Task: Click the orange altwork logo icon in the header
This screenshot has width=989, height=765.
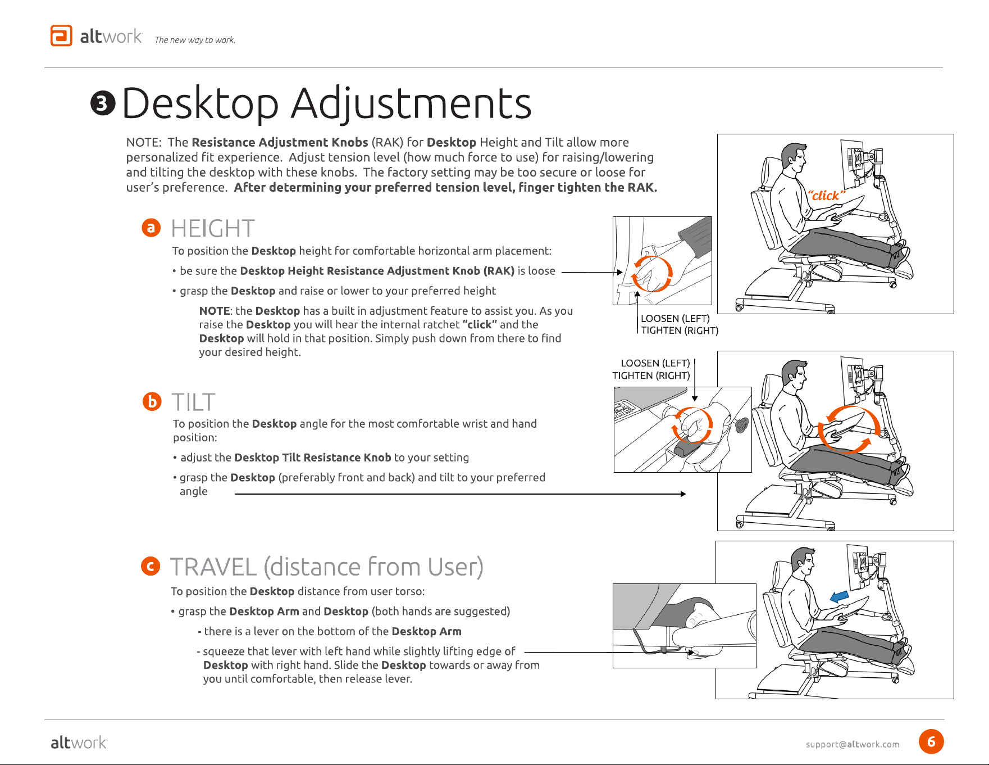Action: [61, 35]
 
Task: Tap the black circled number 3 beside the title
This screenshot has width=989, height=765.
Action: [103, 104]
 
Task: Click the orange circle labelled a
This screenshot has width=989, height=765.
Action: [151, 228]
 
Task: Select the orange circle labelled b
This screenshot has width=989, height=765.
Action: [152, 401]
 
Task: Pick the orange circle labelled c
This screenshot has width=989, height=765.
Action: [151, 566]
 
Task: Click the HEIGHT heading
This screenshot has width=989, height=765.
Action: [213, 229]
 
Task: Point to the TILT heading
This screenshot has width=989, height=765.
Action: [194, 402]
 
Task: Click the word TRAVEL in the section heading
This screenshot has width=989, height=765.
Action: [213, 567]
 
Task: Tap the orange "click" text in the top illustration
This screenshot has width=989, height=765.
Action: [826, 195]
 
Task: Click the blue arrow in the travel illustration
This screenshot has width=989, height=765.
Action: [840, 596]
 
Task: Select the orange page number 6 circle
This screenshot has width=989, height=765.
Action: [931, 741]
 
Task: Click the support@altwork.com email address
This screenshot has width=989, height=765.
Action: [853, 744]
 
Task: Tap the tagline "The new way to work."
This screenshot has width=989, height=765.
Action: [195, 40]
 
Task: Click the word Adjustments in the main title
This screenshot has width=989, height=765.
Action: [411, 104]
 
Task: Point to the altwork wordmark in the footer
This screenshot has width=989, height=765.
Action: [79, 743]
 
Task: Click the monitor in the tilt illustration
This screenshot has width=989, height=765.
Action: [853, 377]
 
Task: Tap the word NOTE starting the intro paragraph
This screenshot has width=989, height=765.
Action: [143, 143]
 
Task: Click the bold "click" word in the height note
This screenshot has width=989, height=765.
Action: [480, 324]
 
